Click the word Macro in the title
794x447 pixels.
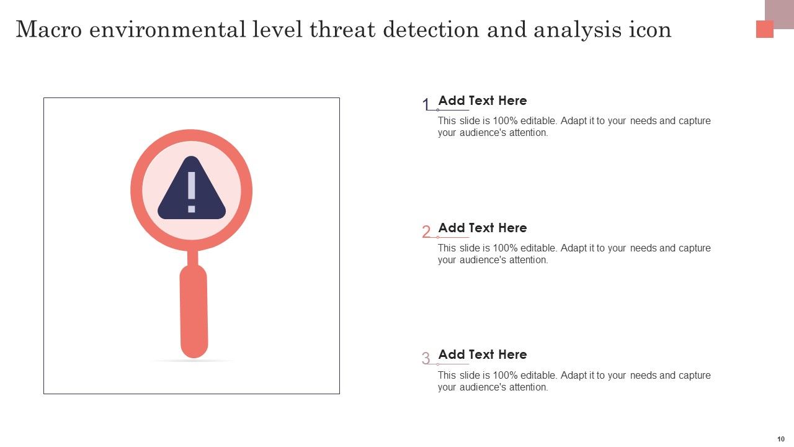coord(48,30)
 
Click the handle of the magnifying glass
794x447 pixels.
coord(194,310)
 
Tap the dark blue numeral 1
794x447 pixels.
coord(426,105)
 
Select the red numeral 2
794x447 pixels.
coord(426,232)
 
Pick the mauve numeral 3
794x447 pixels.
coord(426,359)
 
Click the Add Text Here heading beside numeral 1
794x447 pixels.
coord(483,101)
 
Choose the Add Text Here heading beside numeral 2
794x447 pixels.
coord(483,228)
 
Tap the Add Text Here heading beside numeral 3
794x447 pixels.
coord(483,354)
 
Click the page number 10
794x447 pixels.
coord(780,439)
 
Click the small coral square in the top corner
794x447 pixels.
coord(764,29)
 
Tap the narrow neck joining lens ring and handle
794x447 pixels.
coord(192,257)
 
